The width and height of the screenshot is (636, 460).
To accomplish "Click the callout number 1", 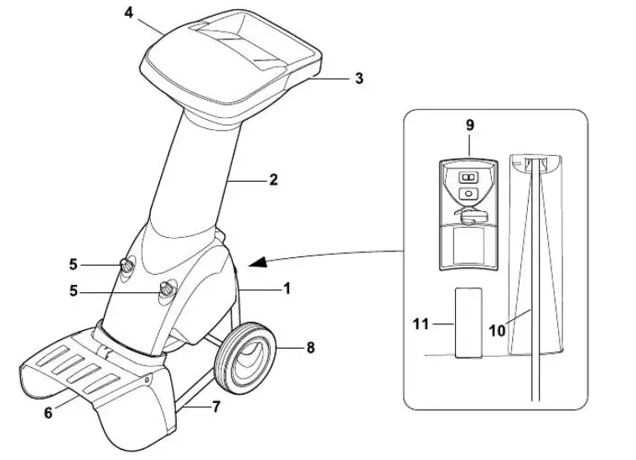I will (287, 288).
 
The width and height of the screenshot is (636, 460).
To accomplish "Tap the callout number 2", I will (274, 179).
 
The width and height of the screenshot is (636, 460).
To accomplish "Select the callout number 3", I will (359, 79).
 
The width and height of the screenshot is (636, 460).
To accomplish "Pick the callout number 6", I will (48, 412).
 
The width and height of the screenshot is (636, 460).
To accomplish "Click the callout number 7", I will (217, 408).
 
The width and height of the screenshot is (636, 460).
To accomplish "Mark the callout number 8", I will (310, 347).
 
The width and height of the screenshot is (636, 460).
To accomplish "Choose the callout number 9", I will (469, 125).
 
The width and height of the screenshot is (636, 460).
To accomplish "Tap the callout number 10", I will (498, 330).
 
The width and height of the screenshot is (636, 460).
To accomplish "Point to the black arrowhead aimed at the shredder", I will (261, 262).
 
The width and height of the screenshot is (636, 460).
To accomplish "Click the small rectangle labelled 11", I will (468, 323).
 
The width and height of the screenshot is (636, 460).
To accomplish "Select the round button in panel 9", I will (468, 194).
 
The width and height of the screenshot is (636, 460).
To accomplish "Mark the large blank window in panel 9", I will (468, 247).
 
